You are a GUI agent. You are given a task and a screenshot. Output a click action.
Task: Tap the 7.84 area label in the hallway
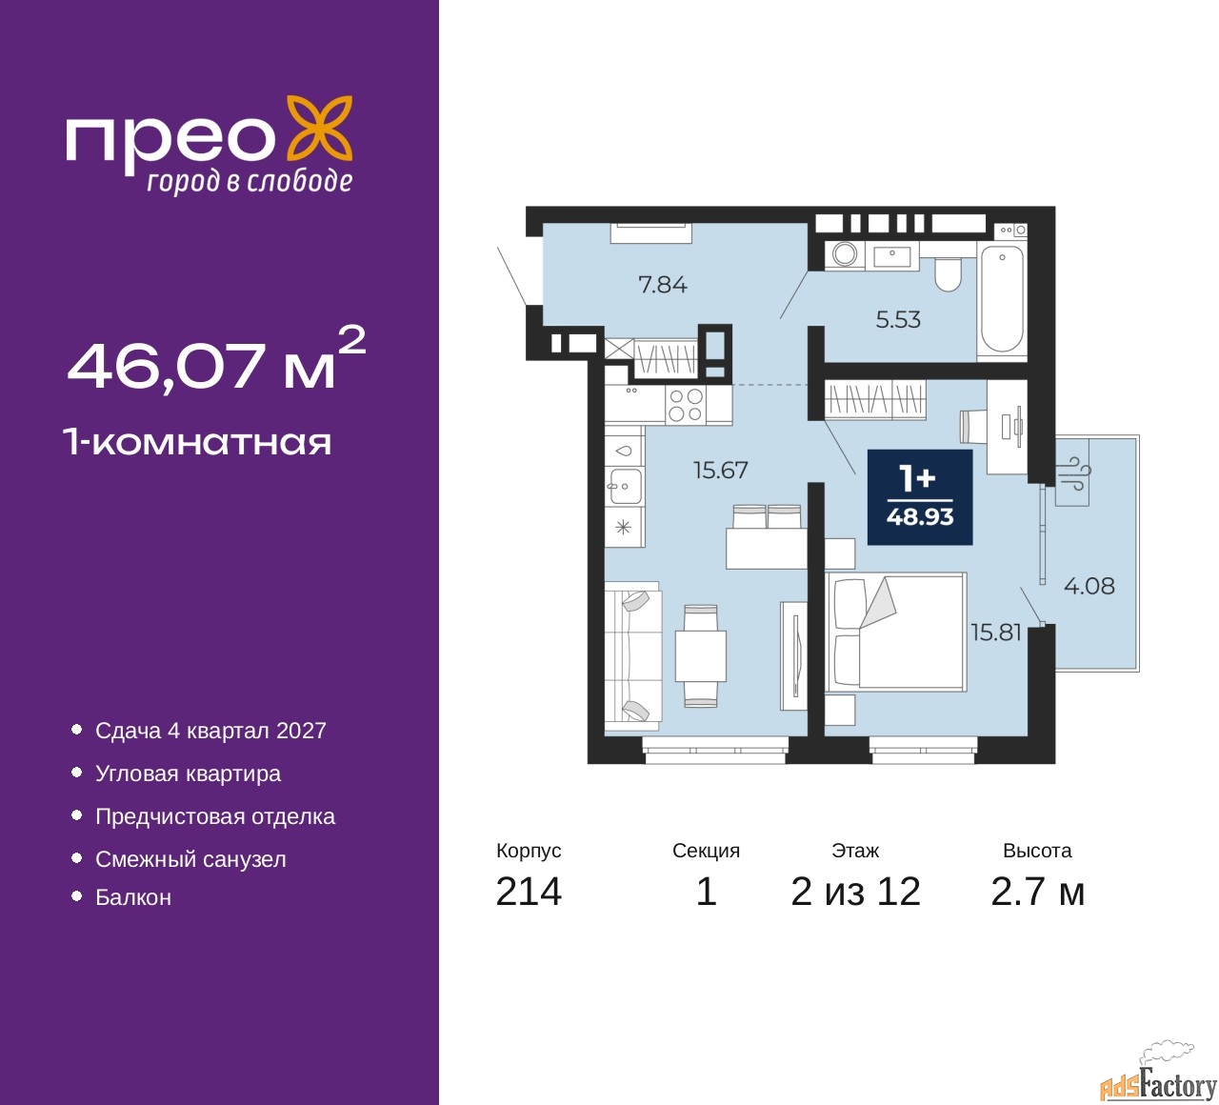coord(663,285)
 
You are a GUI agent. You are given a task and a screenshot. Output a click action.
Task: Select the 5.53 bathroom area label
coord(897,320)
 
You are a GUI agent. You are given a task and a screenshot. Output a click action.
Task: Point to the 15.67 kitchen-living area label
coord(721,470)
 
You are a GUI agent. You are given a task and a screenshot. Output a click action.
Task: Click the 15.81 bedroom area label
coord(996,633)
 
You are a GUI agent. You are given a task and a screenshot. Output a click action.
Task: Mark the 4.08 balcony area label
coord(1089,586)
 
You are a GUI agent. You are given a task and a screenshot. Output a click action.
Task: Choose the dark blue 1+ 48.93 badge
coord(919,496)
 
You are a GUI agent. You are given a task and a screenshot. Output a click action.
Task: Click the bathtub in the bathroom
coord(1002,300)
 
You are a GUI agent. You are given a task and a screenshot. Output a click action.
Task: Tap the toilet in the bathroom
coord(948,274)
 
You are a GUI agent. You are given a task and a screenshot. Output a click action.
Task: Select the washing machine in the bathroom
coord(845,254)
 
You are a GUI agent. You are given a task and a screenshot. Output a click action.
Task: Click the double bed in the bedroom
coord(895,632)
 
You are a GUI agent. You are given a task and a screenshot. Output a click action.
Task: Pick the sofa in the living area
coord(632,656)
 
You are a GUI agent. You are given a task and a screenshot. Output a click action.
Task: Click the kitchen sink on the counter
coord(625,486)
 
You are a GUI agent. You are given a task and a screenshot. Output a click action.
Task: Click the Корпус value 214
coord(529,892)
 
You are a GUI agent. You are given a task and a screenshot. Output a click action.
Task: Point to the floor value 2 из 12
coord(855,892)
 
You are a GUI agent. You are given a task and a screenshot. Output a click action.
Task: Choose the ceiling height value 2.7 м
coord(1038,892)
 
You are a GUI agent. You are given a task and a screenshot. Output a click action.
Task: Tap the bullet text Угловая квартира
coord(188,773)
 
